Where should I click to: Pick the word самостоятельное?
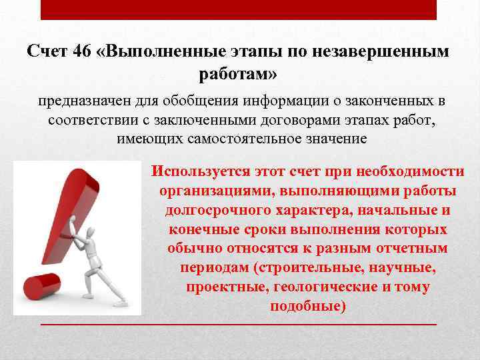pos(241,139)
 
